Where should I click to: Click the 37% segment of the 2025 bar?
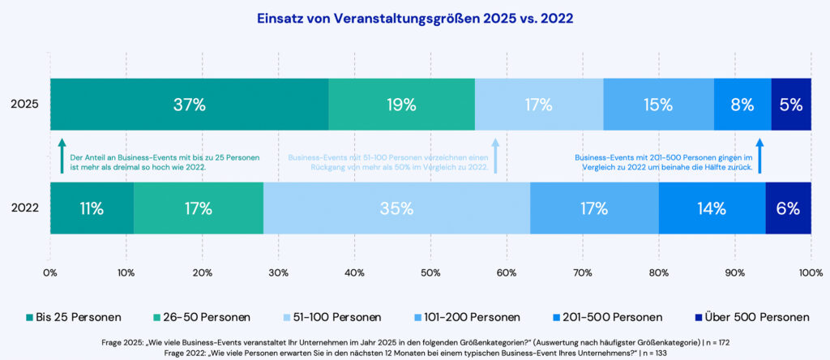tap(189, 105)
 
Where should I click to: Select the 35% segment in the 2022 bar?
tap(396, 208)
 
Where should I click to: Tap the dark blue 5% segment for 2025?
tap(791, 105)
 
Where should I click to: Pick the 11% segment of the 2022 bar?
tap(92, 208)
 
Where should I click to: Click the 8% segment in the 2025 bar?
tap(742, 105)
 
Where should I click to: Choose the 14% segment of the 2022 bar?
tap(712, 208)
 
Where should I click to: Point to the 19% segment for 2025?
tap(401, 105)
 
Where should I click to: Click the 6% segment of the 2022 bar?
tap(788, 208)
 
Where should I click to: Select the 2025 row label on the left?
tap(24, 105)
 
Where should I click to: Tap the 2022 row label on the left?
tap(24, 208)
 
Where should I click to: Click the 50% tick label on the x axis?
tap(430, 272)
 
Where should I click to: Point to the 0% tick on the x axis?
tap(50, 272)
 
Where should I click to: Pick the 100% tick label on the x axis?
tap(810, 272)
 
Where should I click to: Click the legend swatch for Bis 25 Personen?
tap(30, 317)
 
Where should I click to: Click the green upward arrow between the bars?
tap(62, 156)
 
